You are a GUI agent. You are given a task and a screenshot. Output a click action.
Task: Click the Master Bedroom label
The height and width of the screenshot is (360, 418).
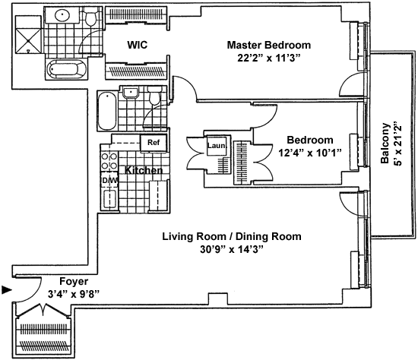(x=269, y=45)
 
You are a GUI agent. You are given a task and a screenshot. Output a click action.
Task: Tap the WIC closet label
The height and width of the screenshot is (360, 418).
(x=138, y=45)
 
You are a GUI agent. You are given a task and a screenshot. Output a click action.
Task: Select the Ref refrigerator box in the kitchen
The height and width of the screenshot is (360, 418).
(x=154, y=143)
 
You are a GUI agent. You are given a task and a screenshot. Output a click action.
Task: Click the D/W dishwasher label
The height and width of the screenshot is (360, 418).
(x=109, y=181)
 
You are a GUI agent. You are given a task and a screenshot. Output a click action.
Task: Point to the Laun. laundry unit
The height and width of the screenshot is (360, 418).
(x=217, y=146)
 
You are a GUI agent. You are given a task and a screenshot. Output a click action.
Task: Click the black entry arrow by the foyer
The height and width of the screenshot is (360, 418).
(x=7, y=289)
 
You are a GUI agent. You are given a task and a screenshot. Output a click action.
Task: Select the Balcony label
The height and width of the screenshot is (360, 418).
(x=385, y=143)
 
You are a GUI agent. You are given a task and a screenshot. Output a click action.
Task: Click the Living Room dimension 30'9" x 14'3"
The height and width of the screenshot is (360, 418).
(x=232, y=250)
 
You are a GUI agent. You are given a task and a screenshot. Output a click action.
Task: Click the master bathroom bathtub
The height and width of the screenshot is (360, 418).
(x=67, y=69)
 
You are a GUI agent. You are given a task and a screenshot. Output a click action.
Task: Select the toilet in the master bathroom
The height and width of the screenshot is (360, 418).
(x=90, y=17)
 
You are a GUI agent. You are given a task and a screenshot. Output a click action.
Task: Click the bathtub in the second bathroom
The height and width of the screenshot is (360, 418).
(x=107, y=110)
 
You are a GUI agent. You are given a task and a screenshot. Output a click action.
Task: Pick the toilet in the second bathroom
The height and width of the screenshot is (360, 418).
(x=154, y=95)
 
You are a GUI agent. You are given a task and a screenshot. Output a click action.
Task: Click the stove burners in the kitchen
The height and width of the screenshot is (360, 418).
(x=109, y=161)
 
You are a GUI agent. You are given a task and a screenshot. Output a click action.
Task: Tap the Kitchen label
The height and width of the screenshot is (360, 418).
(x=144, y=170)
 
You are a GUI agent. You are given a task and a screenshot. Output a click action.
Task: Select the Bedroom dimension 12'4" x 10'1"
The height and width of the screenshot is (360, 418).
(x=310, y=153)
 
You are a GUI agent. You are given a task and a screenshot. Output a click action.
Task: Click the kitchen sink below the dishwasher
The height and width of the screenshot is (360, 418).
(x=109, y=199)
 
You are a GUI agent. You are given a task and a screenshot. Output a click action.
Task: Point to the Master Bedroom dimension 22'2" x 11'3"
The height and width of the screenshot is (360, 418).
(x=269, y=58)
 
